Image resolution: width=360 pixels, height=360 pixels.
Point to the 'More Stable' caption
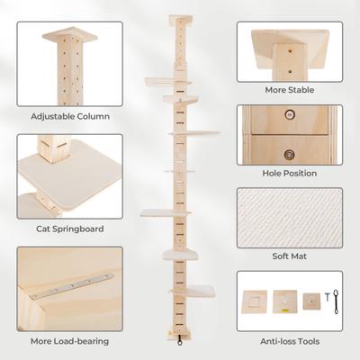[x=290, y=91]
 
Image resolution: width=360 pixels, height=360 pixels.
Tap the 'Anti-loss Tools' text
[x=290, y=341]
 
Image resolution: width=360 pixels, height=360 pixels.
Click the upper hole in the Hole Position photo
[x=289, y=115]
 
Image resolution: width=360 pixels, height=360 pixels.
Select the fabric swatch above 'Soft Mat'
[x=290, y=217]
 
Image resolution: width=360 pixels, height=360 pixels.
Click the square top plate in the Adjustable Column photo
[x=69, y=36]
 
